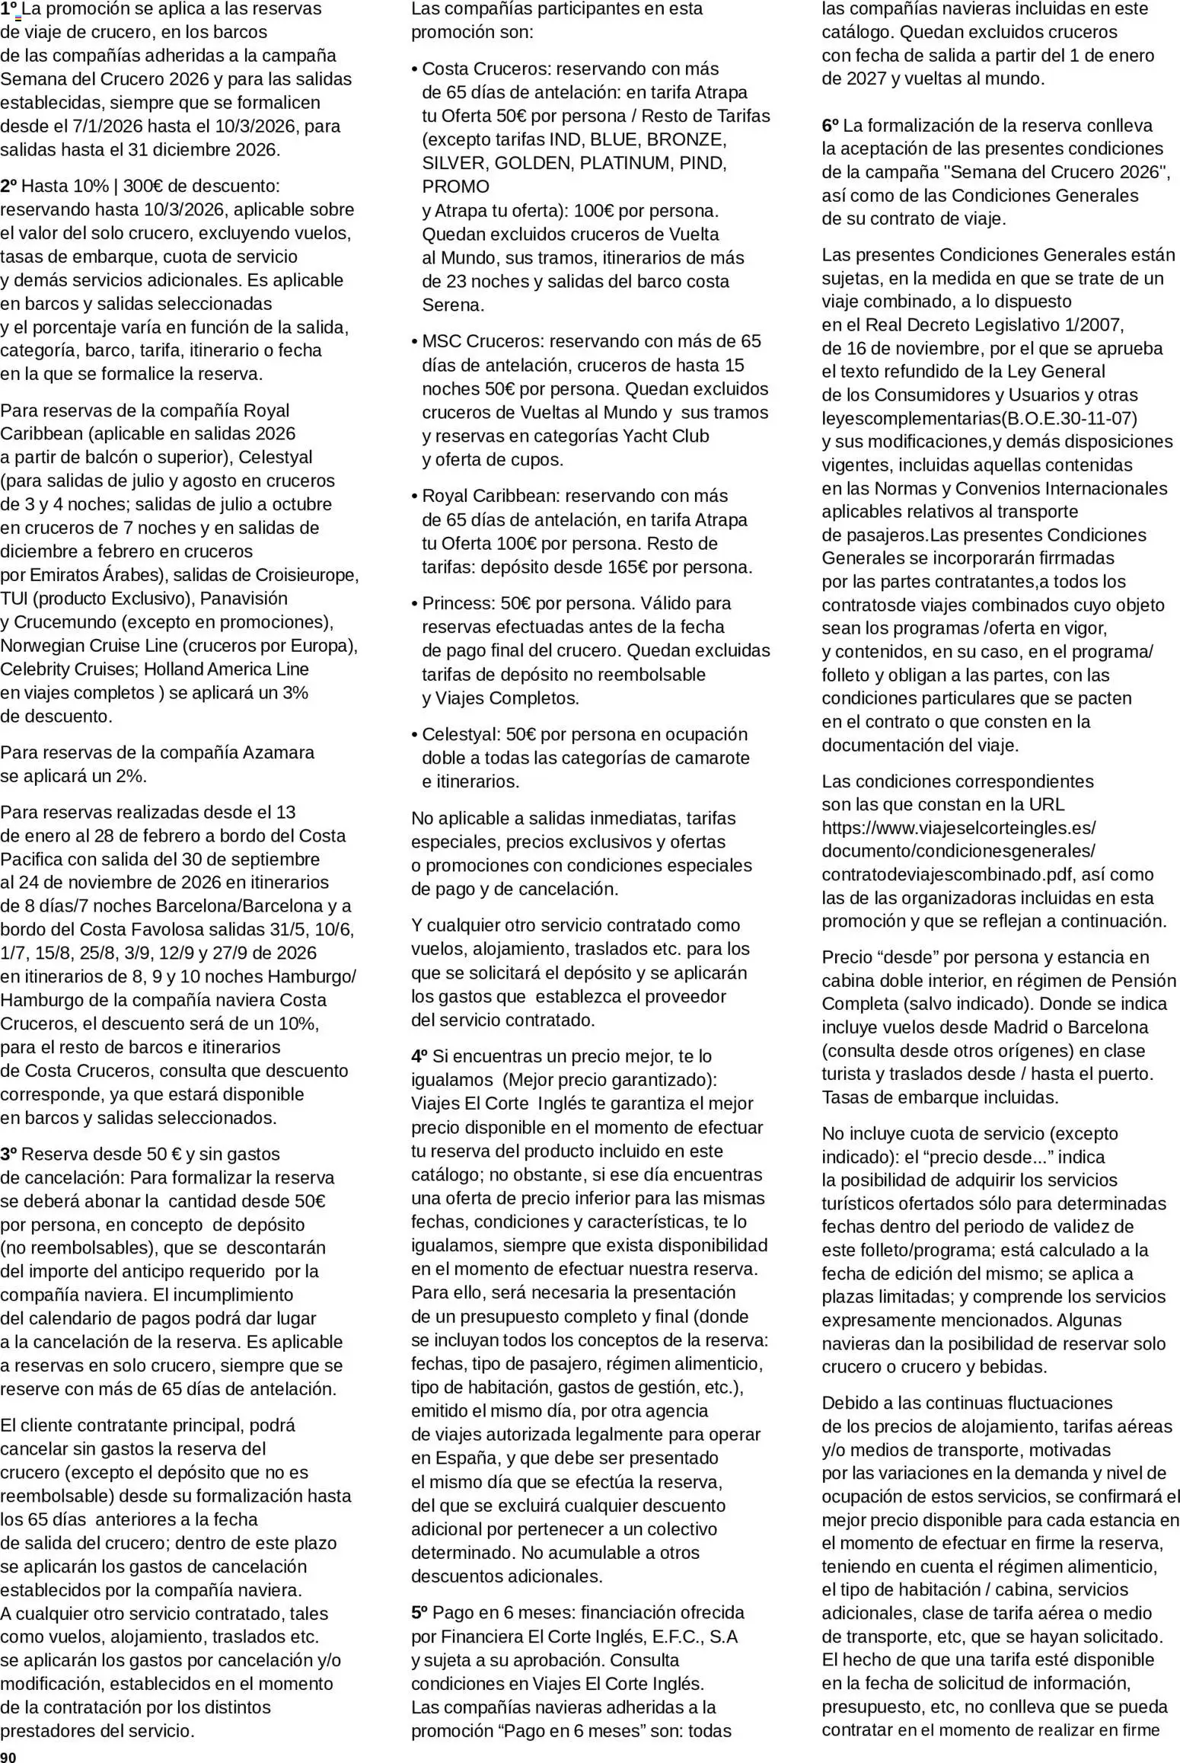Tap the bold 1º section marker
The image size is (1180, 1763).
point(9,9)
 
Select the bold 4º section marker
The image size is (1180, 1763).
point(419,1056)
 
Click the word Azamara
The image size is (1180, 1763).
point(278,752)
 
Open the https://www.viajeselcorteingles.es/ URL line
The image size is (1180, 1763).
point(958,828)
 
